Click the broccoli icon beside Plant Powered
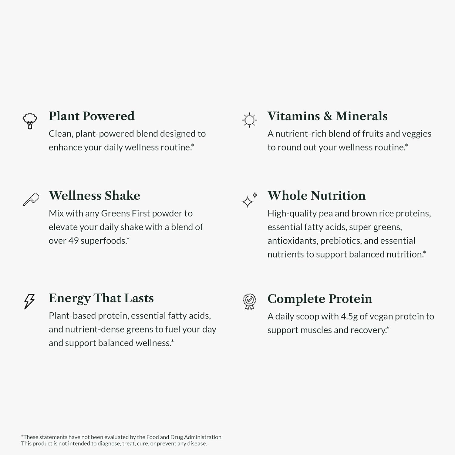click(30, 121)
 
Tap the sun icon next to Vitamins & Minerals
click(249, 120)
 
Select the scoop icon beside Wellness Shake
click(31, 200)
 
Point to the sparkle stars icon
click(249, 200)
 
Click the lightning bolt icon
click(29, 301)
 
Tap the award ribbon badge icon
click(249, 302)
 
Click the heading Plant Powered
click(92, 116)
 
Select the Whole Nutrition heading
click(316, 196)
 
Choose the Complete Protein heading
click(320, 299)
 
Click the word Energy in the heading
click(69, 298)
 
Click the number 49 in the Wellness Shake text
click(73, 241)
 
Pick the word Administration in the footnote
click(203, 437)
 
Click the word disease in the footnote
click(197, 443)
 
